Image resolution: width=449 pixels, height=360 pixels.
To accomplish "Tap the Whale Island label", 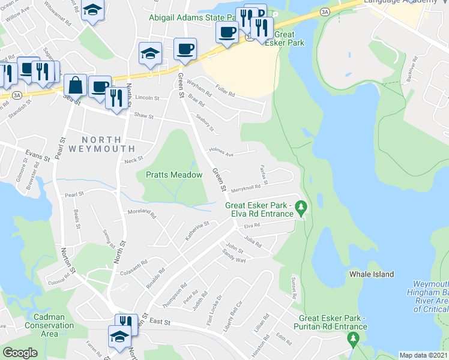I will coord(372,274).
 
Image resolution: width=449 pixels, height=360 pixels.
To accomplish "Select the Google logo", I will coord(20,353).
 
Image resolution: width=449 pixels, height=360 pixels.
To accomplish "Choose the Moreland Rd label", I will coord(142,214).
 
